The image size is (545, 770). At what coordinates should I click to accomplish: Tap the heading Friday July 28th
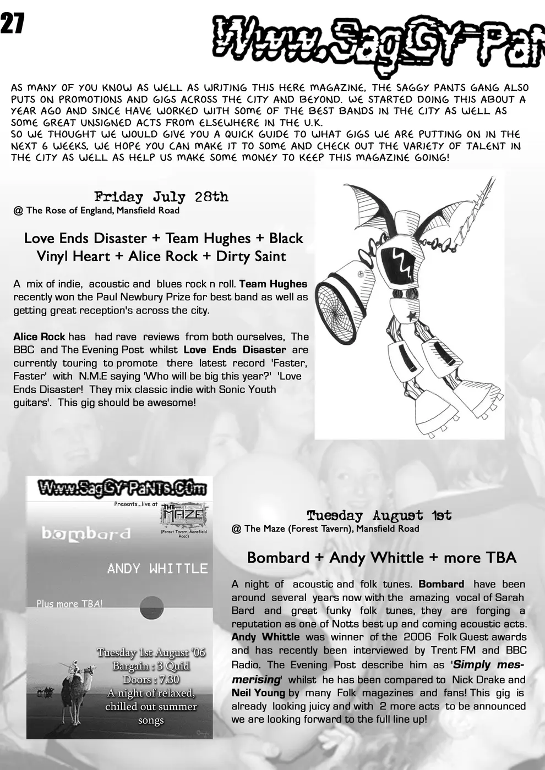point(161,197)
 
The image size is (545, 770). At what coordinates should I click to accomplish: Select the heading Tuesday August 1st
point(379,515)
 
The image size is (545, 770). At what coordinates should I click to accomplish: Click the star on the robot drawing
point(411,315)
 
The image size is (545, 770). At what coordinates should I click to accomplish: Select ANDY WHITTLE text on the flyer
point(157,568)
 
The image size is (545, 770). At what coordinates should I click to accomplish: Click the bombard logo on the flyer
point(86,533)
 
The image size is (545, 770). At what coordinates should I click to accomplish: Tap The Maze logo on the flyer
point(183,515)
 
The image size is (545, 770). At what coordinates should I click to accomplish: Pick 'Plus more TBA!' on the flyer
point(69,603)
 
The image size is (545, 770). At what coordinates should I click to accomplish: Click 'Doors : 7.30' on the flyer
point(150,679)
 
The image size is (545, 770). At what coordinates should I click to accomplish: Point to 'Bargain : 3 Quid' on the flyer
point(151,666)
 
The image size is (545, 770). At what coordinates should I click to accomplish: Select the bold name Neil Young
point(258,693)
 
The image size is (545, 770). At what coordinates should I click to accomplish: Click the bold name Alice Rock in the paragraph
point(39,337)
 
